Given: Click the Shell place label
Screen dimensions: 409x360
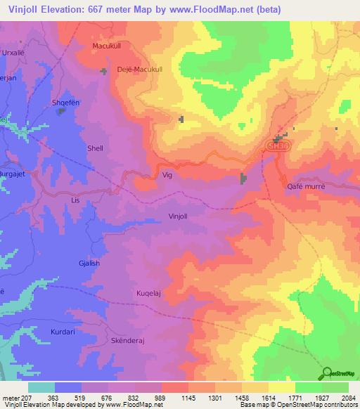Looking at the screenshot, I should point(94,148).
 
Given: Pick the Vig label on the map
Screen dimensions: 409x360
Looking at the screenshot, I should point(167,175).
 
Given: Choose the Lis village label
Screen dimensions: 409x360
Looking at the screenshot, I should point(77,200).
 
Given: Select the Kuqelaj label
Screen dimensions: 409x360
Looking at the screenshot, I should point(150,290).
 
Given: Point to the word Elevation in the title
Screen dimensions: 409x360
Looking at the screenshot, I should point(64,9).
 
